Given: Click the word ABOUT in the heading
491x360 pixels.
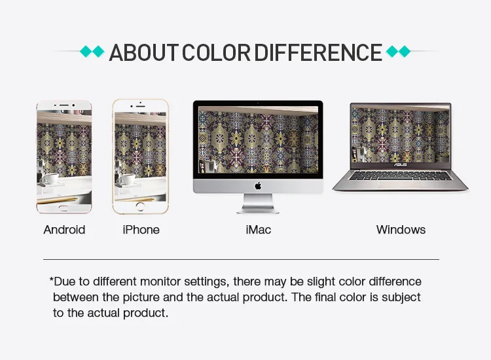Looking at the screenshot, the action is coord(144,52).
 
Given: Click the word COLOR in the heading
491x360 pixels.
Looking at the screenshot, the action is coord(217,52).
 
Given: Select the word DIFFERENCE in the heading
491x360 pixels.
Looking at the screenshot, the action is coord(318,52).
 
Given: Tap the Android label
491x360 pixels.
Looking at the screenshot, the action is coord(64,230).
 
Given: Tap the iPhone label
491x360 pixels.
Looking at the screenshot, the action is coord(141,230).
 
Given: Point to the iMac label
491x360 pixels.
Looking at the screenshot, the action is coord(259,230).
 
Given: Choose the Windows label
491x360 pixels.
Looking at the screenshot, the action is coord(401,230).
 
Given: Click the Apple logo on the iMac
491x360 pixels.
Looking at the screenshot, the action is coord(258,186).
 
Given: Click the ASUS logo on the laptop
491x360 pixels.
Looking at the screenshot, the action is coord(400,165).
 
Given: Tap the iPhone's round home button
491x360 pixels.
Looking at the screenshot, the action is coord(140,206).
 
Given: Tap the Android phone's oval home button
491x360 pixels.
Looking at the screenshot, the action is coord(64,208).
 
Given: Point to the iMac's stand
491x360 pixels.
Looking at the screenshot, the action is coord(258,204).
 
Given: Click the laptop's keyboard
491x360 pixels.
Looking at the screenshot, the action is coord(401,176).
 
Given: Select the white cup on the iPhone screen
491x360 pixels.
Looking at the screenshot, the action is coord(128,180).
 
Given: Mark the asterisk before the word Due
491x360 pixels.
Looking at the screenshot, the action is coord(51,279).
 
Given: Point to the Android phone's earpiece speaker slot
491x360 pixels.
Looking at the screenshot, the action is coord(64,105).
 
